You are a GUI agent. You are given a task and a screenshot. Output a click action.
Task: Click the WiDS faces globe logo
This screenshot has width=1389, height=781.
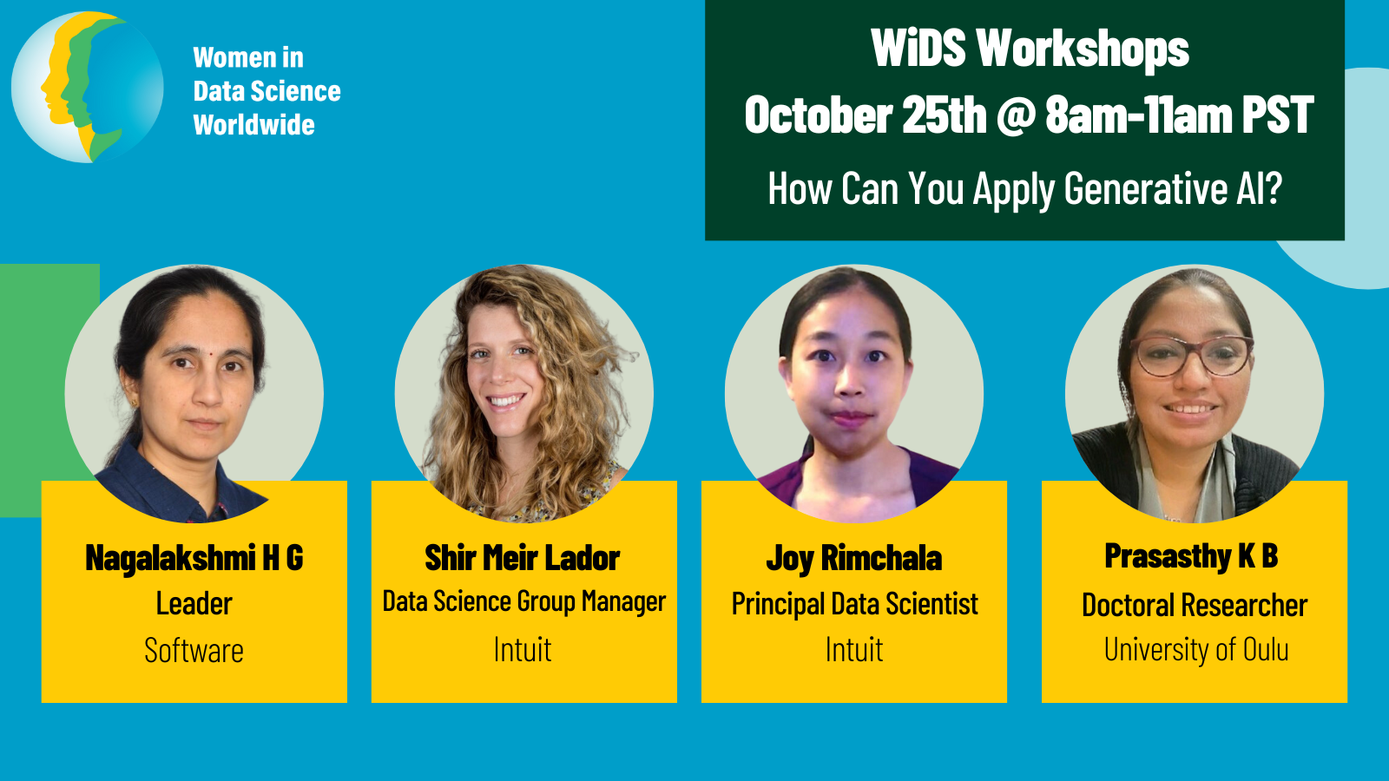click(x=88, y=88)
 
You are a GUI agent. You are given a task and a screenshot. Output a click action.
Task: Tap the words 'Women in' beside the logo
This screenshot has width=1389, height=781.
click(x=248, y=57)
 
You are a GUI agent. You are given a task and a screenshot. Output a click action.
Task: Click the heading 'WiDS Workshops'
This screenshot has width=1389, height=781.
click(x=1030, y=48)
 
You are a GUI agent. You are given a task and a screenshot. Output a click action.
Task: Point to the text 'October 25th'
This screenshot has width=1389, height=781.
click(x=866, y=115)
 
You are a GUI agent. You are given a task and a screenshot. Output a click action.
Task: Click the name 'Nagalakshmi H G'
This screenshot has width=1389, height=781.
click(x=194, y=557)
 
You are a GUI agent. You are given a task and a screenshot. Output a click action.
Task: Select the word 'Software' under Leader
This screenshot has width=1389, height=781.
click(x=194, y=650)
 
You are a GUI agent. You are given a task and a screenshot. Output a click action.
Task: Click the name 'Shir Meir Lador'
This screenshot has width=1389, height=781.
click(x=523, y=557)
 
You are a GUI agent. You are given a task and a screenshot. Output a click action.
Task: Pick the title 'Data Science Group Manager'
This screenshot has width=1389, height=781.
click(x=524, y=602)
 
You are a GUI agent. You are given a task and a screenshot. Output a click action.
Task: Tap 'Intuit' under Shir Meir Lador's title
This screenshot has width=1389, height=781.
click(x=523, y=650)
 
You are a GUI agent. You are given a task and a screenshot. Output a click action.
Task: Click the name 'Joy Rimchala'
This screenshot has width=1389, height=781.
click(x=854, y=558)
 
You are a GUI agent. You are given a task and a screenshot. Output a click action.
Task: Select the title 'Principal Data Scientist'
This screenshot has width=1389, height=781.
click(x=854, y=604)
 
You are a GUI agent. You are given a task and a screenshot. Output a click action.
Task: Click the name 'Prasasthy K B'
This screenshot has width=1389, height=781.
click(x=1191, y=556)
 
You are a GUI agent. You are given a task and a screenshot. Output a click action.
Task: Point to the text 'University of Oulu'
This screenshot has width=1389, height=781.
click(x=1196, y=650)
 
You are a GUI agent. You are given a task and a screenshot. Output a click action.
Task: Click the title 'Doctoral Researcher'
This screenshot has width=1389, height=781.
click(x=1195, y=604)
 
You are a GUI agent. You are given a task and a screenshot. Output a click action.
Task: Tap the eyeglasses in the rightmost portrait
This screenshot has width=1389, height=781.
click(x=1191, y=356)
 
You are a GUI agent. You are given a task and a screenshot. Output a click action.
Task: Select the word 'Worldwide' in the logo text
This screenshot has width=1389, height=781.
click(x=253, y=125)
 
